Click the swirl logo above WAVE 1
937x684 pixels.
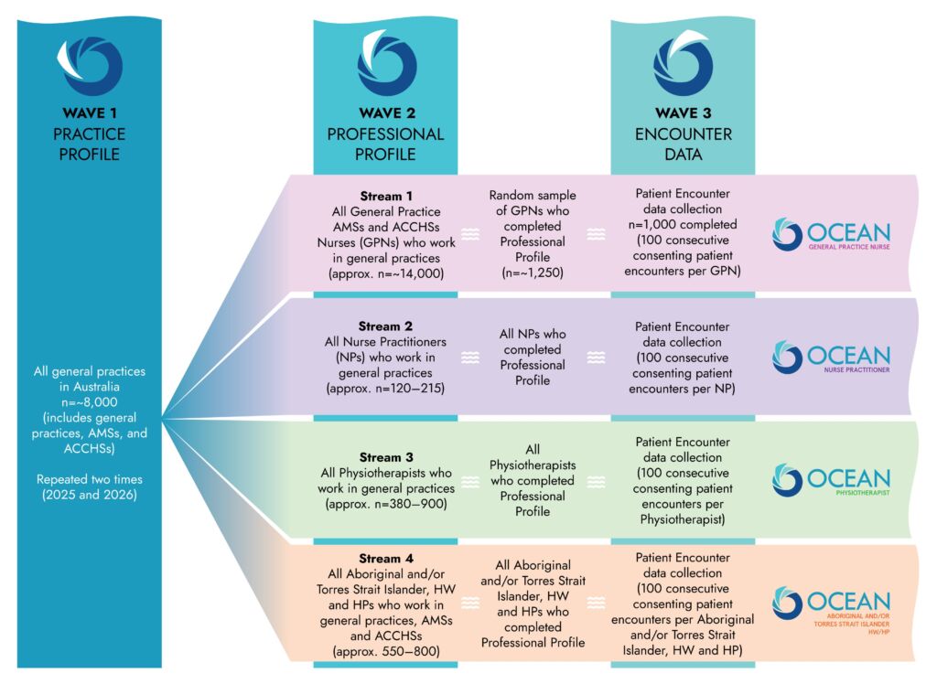[x=90, y=65]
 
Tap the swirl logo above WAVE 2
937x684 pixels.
[x=385, y=65]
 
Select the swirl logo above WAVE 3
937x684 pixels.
[x=683, y=65]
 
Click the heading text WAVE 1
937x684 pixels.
[x=90, y=114]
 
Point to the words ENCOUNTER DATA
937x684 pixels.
[x=683, y=144]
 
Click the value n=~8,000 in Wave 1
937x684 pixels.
[x=90, y=402]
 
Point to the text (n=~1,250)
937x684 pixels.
[x=533, y=273]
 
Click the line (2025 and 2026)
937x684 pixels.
[x=90, y=495]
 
